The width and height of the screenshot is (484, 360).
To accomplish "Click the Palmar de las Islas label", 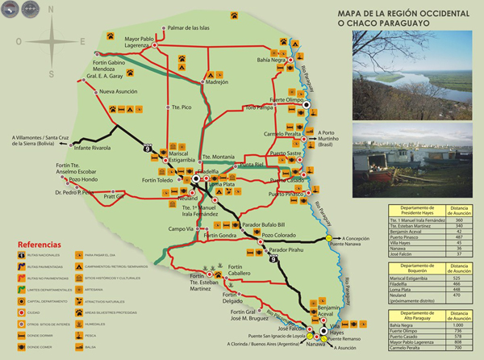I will pyautogui.click(x=188, y=28).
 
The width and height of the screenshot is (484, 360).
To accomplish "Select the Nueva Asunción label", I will pyautogui.click(x=120, y=93).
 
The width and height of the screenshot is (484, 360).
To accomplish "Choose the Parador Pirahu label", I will pyautogui.click(x=288, y=251).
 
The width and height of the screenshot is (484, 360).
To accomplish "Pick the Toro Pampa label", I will pyautogui.click(x=262, y=107).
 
